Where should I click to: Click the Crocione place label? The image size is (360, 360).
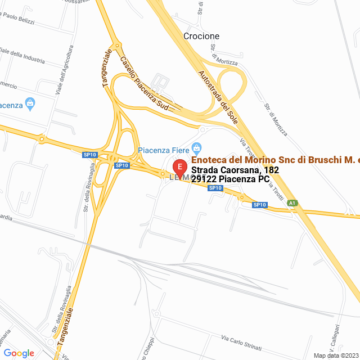click(201, 36)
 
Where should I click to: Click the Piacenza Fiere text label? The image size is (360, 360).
click(164, 150)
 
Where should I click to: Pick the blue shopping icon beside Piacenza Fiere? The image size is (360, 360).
click(196, 149)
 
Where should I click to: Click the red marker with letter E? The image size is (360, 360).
click(179, 168)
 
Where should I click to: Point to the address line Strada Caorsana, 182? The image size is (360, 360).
click(235, 170)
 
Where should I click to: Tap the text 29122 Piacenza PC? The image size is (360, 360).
click(230, 179)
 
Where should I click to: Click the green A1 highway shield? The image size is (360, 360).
click(292, 203)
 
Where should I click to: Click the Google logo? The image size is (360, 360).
click(19, 353)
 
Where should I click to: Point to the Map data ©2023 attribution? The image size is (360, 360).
click(336, 355)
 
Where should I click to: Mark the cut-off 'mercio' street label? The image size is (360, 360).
click(8, 85)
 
